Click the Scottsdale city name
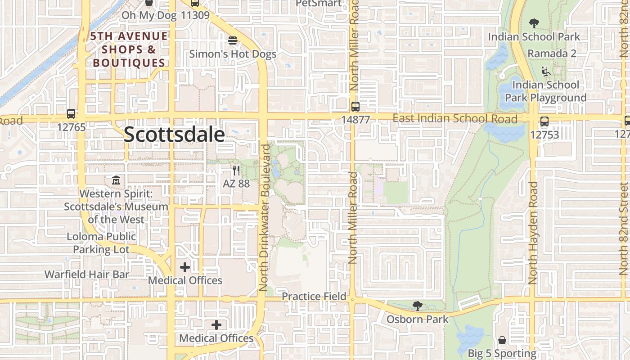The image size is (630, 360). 174,135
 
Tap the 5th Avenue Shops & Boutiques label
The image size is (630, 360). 129,49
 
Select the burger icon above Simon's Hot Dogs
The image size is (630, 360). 233,40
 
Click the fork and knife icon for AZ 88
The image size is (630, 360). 236,171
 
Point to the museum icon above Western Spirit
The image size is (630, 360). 116,180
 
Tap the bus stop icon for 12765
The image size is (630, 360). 71,114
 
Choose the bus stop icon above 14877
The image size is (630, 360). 355,107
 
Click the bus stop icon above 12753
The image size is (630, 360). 544,121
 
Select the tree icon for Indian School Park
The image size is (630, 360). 534,23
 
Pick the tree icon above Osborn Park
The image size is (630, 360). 418,306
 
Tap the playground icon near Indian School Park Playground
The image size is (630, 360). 546,71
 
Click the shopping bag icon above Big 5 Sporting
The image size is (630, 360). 502,340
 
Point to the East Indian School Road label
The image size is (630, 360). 455,119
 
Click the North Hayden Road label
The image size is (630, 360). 533,233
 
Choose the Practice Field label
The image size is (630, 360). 314,297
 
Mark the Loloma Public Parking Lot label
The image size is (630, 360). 101,243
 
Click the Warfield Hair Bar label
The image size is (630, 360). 87,274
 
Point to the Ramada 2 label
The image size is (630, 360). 552,54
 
